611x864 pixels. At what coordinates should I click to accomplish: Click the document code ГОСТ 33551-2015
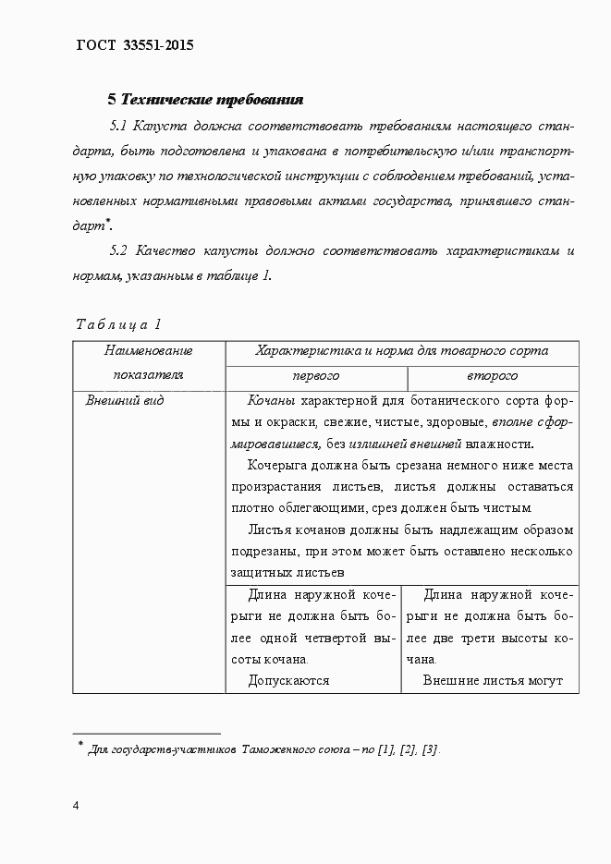pos(135,44)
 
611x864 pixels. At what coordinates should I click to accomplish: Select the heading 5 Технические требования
pos(206,99)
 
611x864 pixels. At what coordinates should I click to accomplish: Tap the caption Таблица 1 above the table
pos(118,324)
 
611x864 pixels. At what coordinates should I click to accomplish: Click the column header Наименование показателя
pos(148,362)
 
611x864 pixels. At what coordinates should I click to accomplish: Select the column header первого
pos(315,376)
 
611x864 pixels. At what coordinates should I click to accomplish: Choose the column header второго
pos(493,376)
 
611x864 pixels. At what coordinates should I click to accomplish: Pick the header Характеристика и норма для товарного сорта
pos(401,351)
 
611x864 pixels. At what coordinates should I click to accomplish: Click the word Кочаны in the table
pos(272,401)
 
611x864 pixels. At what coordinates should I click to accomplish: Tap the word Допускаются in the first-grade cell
pos(288,681)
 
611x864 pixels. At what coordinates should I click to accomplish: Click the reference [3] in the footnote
pos(430,749)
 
